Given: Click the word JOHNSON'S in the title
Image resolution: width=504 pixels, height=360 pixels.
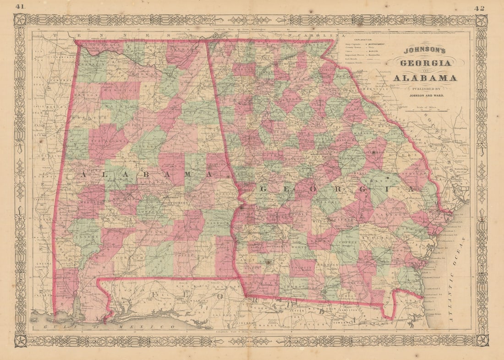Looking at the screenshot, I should point(424,51).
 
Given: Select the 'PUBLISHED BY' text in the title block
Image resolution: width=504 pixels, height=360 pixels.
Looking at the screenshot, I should point(424,89).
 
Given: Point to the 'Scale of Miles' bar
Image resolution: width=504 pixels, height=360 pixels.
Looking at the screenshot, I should point(424,109).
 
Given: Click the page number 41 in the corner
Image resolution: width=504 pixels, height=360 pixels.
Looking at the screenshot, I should point(20,6).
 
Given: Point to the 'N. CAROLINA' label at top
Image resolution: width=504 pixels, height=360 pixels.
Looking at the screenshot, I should point(316,35).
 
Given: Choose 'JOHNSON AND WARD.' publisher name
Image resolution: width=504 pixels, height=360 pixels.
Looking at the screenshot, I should point(424,96).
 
